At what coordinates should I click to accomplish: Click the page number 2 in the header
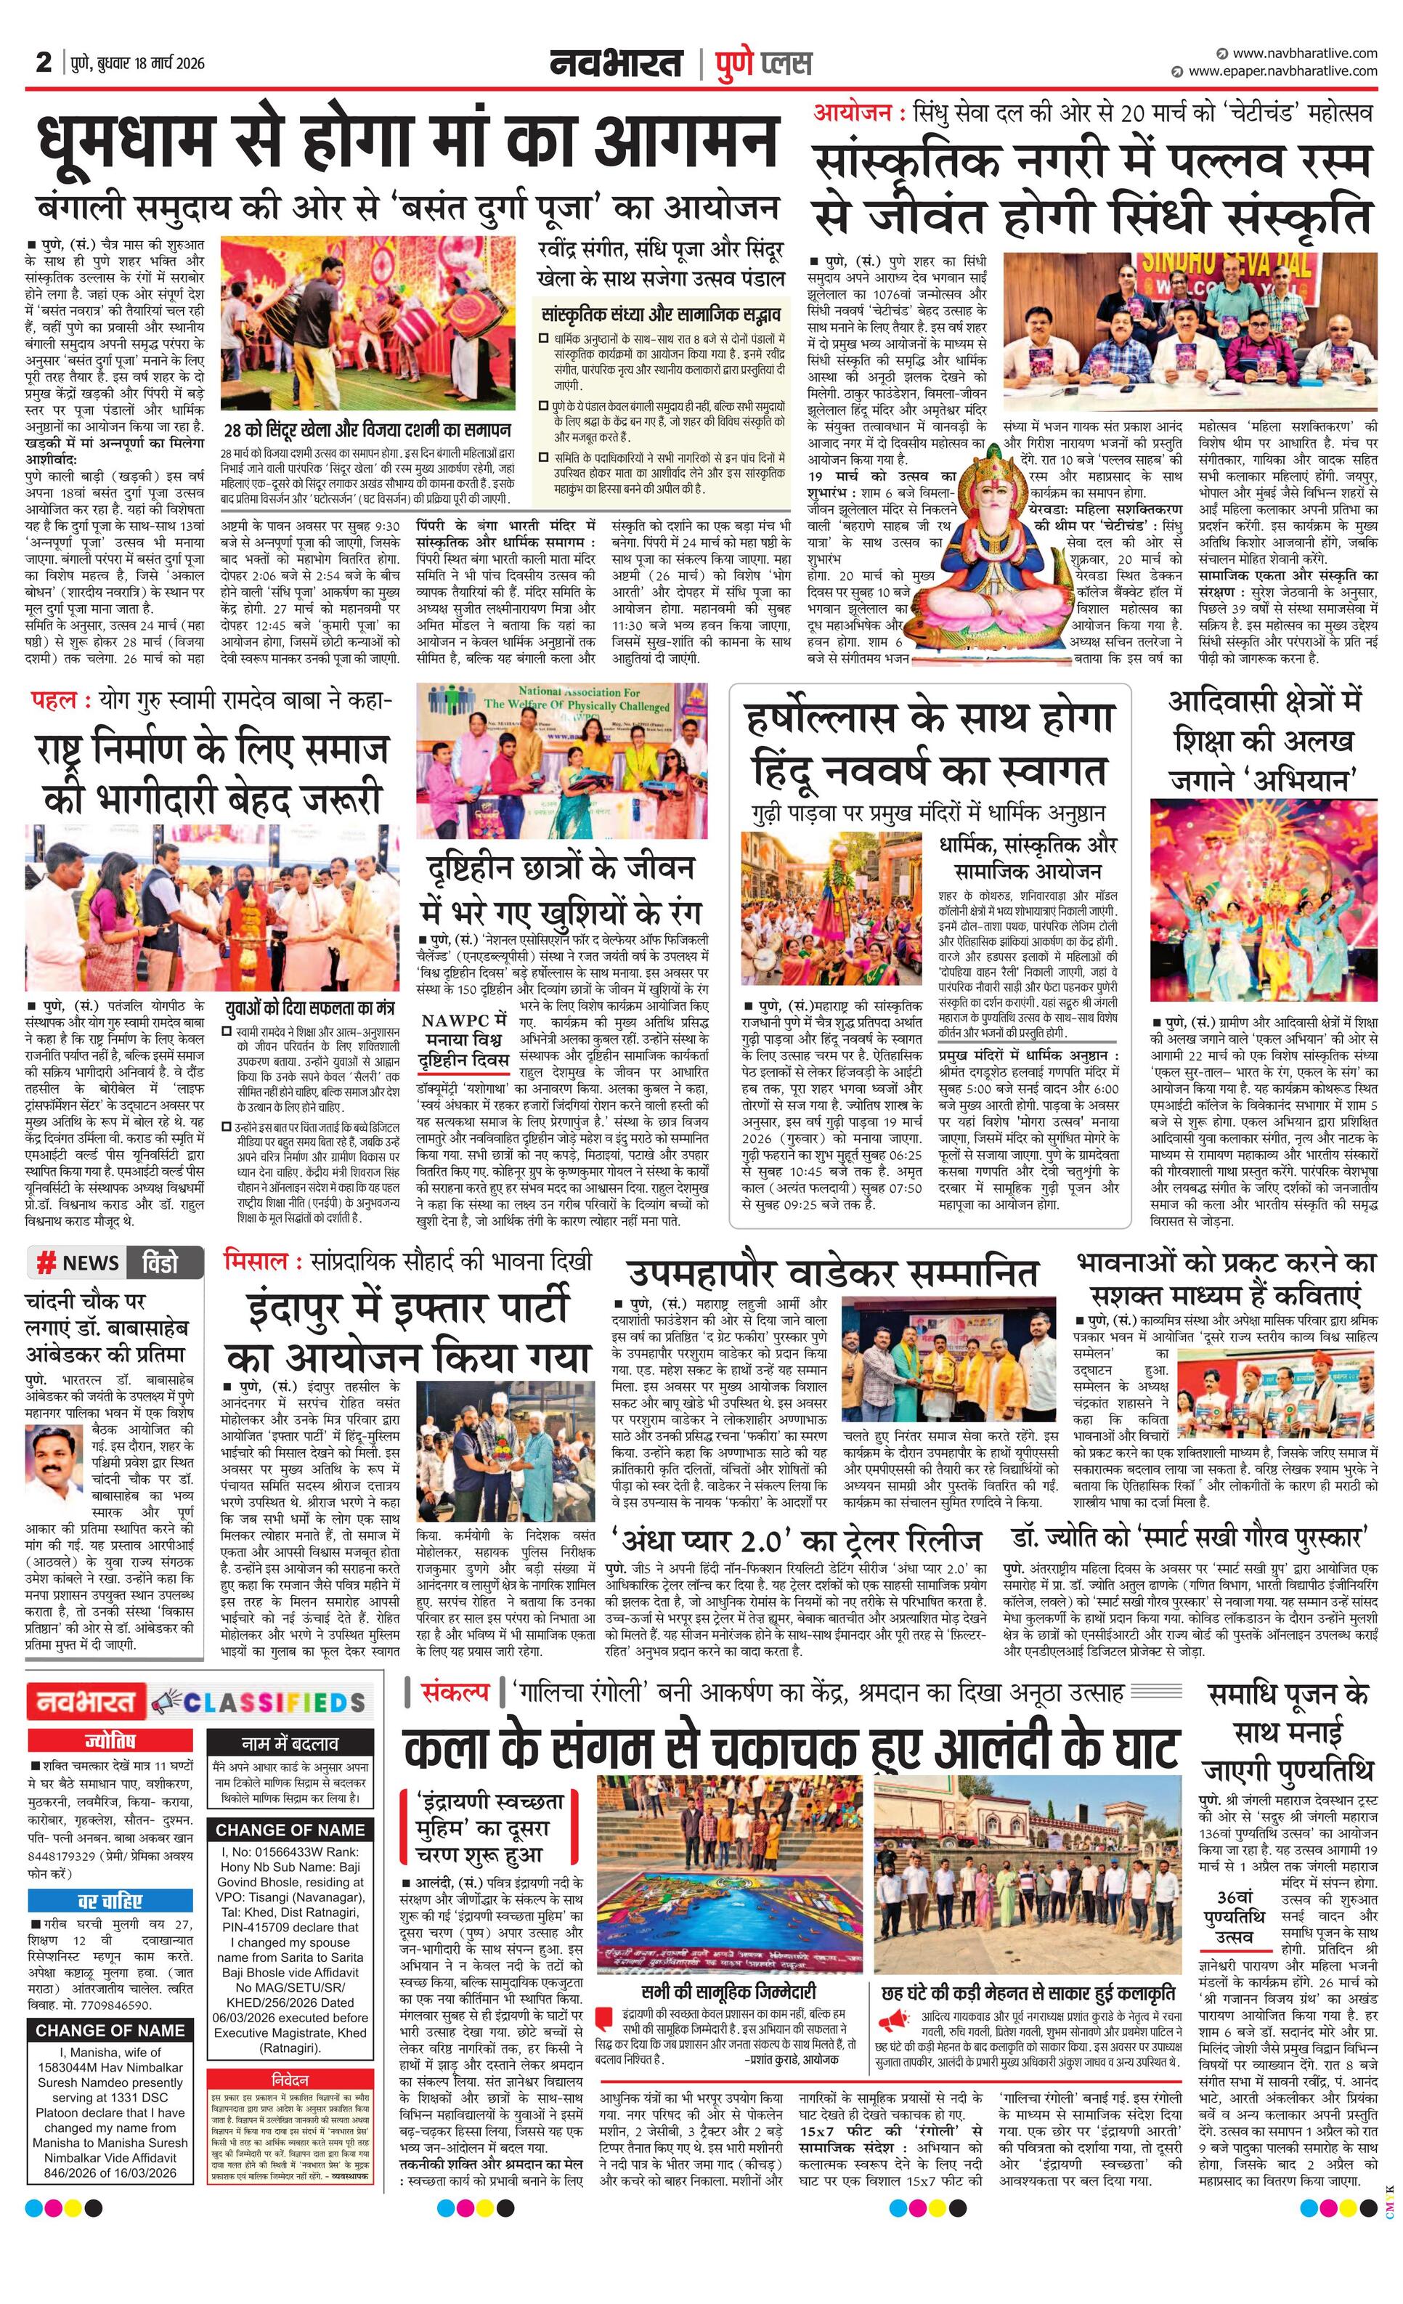(x=43, y=62)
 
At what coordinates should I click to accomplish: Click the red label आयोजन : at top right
(x=859, y=113)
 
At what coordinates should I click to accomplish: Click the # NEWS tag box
(x=78, y=1262)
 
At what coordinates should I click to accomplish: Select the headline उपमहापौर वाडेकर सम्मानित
(x=832, y=1273)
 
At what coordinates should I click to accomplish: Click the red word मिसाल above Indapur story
(x=254, y=1262)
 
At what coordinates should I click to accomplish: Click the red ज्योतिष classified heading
(x=110, y=1741)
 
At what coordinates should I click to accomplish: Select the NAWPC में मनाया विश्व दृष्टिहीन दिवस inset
(x=463, y=1042)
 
